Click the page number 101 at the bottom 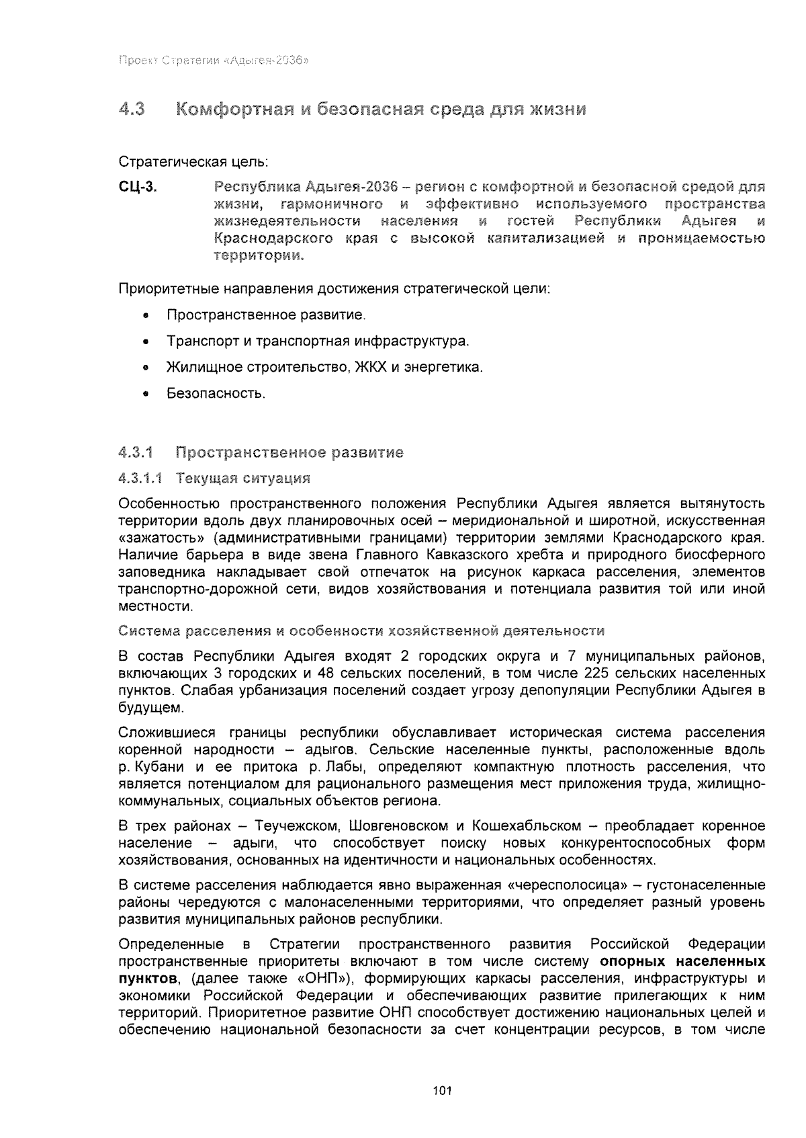(442, 1091)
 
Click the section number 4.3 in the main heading (132, 109)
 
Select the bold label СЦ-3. (138, 187)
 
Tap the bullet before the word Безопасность (146, 394)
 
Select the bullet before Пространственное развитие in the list (146, 316)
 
